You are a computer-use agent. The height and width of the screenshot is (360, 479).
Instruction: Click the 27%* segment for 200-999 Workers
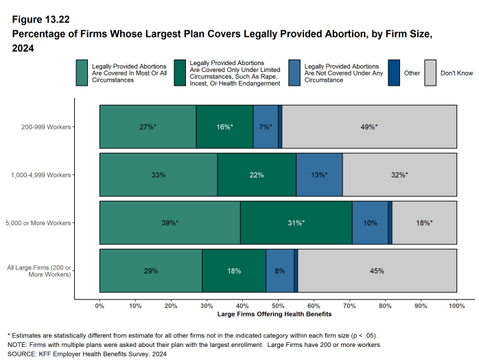point(148,127)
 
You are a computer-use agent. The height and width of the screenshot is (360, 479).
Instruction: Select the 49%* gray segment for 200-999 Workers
point(369,127)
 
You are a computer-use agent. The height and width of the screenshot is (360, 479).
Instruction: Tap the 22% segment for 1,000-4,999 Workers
point(257,175)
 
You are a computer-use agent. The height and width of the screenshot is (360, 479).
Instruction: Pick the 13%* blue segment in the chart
point(319,175)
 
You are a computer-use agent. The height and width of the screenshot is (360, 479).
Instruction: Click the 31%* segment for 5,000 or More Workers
point(296,223)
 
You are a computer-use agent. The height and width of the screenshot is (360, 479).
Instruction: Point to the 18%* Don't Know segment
point(424,223)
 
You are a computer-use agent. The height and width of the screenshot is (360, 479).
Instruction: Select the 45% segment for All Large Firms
point(377,271)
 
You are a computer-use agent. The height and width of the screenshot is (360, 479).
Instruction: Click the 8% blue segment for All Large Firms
point(279,271)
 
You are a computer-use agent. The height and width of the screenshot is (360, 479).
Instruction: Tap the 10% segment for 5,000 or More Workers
point(370,223)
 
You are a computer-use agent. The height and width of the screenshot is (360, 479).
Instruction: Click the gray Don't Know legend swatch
point(430,72)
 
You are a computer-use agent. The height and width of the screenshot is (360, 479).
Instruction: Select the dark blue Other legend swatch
point(394,72)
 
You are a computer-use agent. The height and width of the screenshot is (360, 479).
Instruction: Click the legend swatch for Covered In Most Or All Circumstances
point(82,72)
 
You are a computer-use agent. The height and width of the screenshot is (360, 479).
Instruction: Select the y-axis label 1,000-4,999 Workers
point(41,175)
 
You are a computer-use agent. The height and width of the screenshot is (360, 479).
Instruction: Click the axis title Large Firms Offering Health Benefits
point(278,315)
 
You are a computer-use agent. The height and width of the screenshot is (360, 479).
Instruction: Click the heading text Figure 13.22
point(40,19)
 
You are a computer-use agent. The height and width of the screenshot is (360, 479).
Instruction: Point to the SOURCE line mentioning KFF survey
point(86,354)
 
